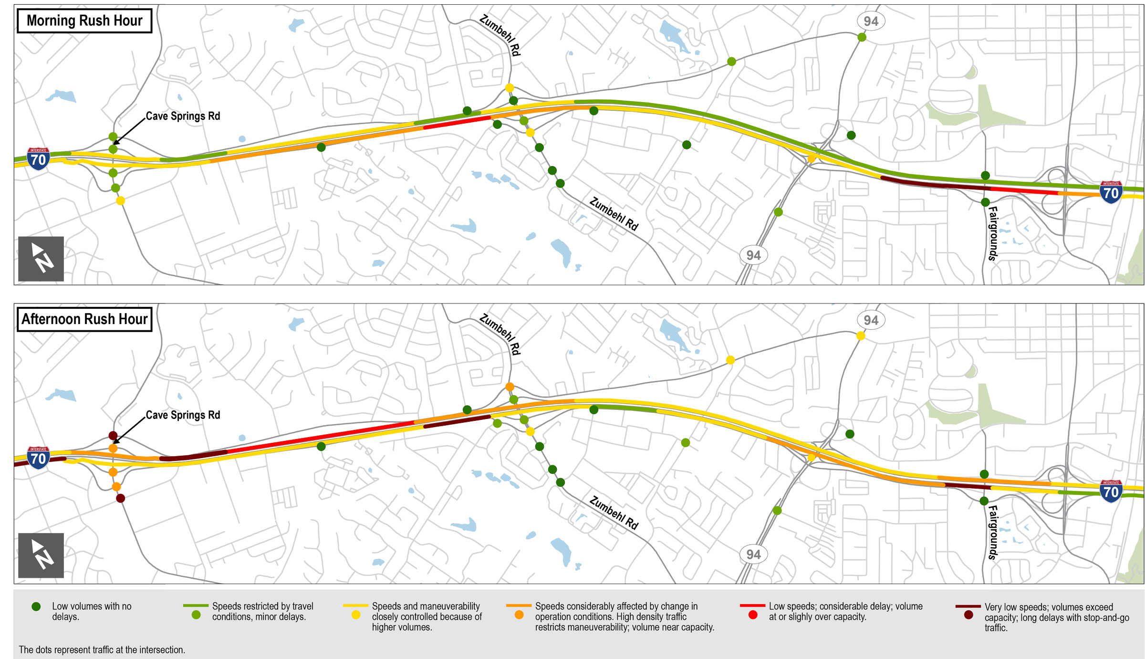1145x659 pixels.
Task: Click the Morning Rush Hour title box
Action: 84,21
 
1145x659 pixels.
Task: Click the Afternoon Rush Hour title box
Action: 84,319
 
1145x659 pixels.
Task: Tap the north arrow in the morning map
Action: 41,259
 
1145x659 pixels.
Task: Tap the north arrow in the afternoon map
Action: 41,555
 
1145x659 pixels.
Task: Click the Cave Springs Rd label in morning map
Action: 183,116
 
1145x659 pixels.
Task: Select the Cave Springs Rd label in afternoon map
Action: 183,415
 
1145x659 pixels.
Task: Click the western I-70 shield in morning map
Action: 38,159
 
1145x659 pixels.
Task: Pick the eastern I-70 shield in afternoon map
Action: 1111,491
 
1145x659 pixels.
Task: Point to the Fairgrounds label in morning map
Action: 993,233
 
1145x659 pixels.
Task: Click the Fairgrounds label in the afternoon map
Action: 993,533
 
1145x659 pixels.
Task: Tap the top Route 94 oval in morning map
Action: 871,21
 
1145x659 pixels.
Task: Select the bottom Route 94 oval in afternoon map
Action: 753,554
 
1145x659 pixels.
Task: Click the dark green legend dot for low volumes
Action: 36,607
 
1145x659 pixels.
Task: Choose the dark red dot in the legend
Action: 968,615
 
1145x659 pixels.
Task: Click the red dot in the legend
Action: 753,615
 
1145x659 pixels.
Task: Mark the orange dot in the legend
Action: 519,615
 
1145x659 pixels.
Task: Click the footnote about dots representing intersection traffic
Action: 102,649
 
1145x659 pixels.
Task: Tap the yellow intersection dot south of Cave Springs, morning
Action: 121,201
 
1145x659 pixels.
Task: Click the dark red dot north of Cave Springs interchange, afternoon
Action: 113,436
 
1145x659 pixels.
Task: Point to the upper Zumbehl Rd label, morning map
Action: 500,35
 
